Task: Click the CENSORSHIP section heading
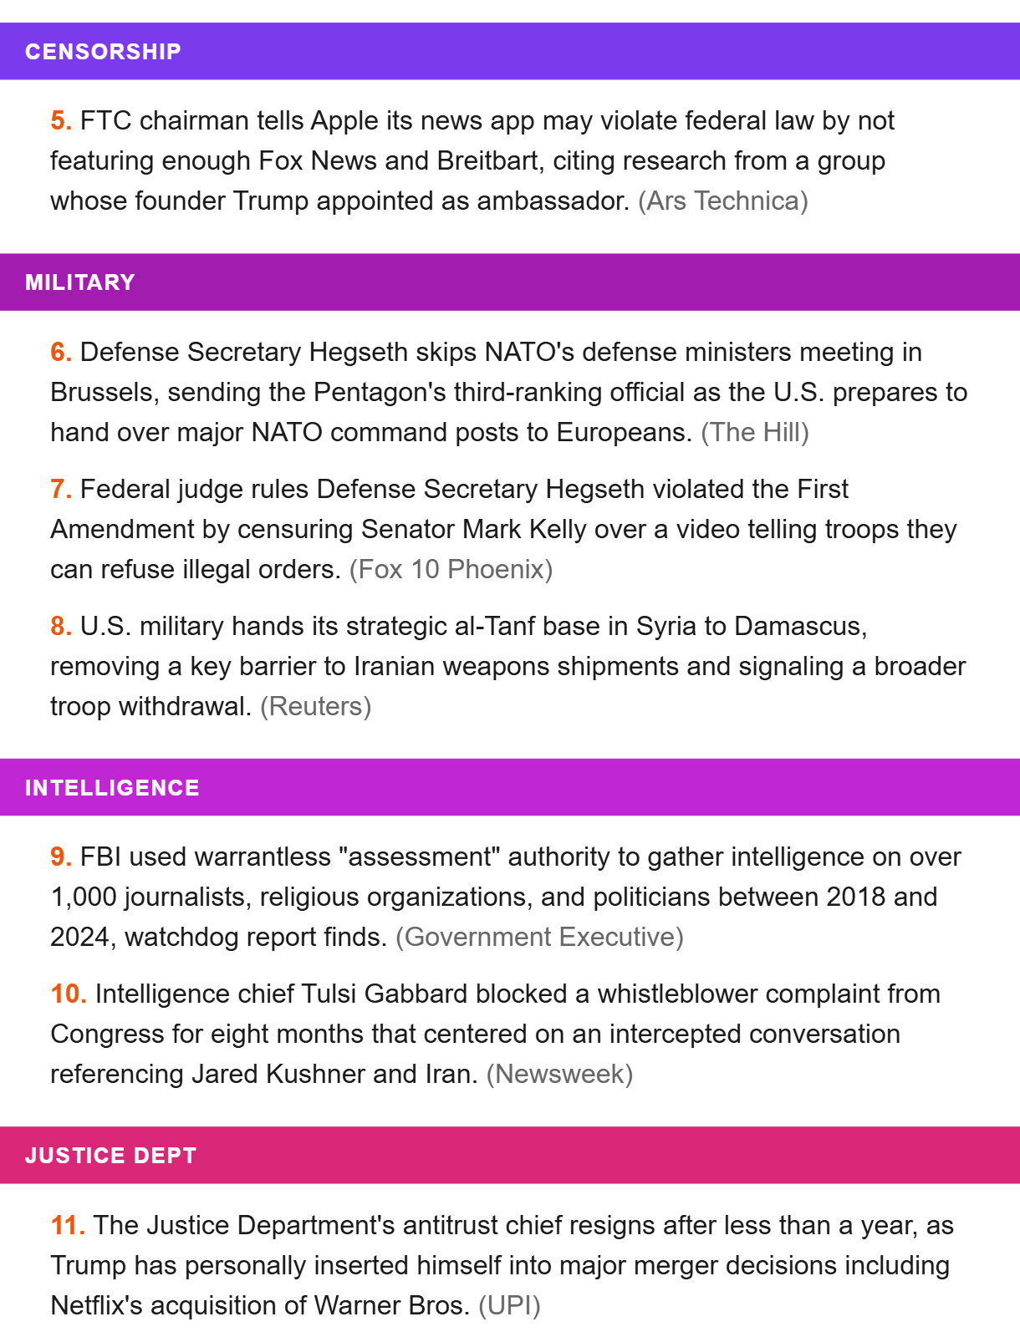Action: coord(103,52)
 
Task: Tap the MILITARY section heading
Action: coord(80,282)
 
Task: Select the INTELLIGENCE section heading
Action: coord(112,788)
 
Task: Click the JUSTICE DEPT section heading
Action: coord(110,1156)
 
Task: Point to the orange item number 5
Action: coord(60,121)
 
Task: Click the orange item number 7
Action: coord(60,490)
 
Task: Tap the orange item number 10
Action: coord(68,994)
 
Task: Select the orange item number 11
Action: coord(67,1226)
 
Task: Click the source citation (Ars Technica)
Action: coord(722,201)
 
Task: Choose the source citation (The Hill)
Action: coord(754,433)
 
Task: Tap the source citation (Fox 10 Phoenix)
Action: coord(451,570)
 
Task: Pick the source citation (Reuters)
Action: coord(315,707)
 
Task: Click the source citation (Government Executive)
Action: coord(539,938)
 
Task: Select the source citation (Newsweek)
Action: coord(559,1075)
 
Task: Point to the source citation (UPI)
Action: coord(509,1306)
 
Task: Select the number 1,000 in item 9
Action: coord(84,897)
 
